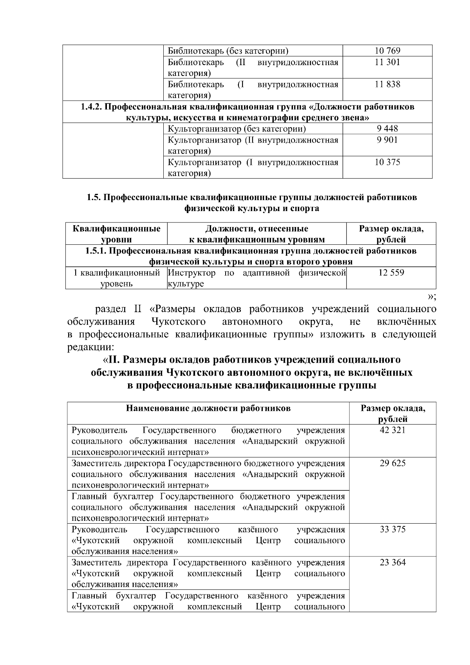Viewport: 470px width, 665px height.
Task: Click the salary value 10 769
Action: click(387, 51)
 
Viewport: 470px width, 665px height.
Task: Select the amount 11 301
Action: click(387, 62)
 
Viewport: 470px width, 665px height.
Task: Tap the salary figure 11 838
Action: click(387, 84)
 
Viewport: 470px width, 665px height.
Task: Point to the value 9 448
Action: click(387, 129)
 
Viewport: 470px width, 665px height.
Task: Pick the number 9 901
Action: click(387, 140)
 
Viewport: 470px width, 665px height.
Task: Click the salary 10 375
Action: click(387, 162)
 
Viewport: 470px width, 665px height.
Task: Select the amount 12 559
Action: click(391, 273)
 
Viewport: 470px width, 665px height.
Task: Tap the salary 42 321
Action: click(392, 430)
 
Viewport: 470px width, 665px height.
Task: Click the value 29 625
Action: click(392, 463)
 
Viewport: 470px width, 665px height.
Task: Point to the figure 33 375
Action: click(392, 529)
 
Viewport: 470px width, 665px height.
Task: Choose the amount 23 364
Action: click(392, 562)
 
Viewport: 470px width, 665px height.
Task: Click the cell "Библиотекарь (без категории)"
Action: click(228, 51)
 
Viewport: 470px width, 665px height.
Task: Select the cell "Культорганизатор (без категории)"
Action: click(237, 129)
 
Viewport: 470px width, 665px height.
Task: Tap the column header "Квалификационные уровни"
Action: click(116, 234)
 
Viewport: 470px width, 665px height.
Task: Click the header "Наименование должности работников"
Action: click(208, 408)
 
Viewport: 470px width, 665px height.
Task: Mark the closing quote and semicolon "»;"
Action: click(432, 296)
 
